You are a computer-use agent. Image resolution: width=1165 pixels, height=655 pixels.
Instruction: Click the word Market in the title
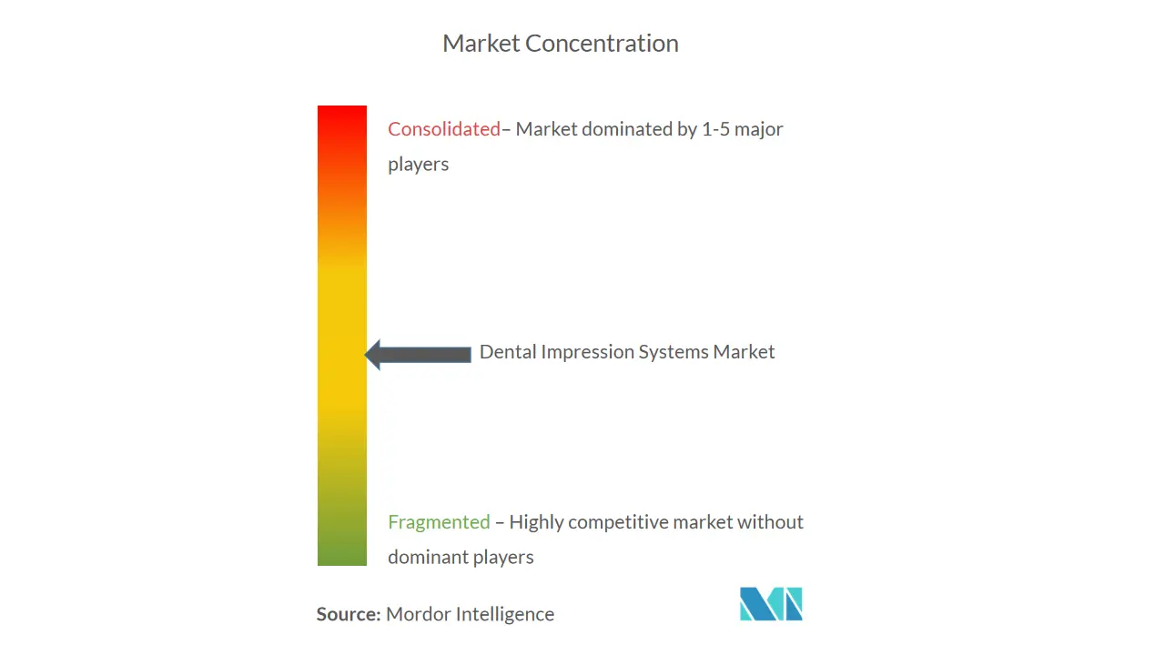481,43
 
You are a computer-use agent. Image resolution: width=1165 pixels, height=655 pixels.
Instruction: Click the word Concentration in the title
602,43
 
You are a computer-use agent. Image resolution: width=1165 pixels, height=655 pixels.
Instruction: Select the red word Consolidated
444,129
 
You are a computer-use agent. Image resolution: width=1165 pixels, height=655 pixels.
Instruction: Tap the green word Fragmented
439,522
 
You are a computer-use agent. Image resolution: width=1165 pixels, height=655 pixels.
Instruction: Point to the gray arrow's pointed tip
365,355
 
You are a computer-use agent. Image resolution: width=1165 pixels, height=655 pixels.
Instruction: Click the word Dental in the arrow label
508,352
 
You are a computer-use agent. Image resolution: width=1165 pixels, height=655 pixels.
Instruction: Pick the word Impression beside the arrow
588,352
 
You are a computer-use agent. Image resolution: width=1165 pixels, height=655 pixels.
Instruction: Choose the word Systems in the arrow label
674,352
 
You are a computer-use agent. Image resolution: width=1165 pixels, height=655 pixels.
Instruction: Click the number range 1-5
715,129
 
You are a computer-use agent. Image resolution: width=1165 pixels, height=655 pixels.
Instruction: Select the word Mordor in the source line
418,614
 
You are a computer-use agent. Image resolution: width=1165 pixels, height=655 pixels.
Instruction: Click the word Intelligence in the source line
505,614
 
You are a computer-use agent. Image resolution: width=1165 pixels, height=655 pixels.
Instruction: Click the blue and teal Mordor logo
771,603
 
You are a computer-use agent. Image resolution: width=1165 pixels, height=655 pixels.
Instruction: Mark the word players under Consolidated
418,165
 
